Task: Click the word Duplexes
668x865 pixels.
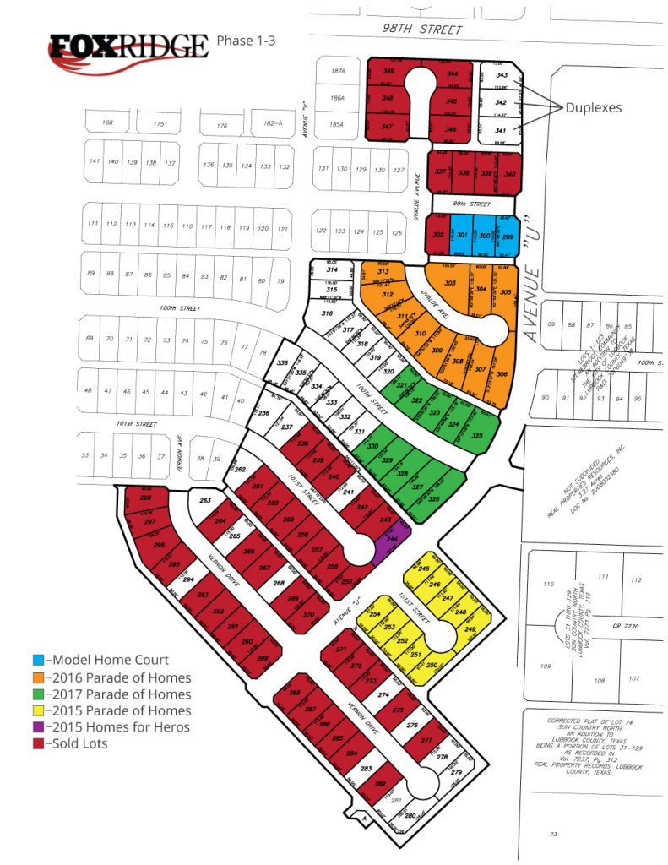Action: [x=594, y=108]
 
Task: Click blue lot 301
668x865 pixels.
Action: [x=462, y=236]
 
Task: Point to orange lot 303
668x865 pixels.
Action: [x=450, y=284]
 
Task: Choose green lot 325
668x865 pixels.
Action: [x=477, y=436]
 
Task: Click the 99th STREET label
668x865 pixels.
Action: [x=473, y=204]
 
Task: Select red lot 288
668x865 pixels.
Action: [x=295, y=694]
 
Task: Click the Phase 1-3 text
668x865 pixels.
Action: [x=246, y=40]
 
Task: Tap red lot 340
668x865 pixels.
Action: [x=509, y=173]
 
